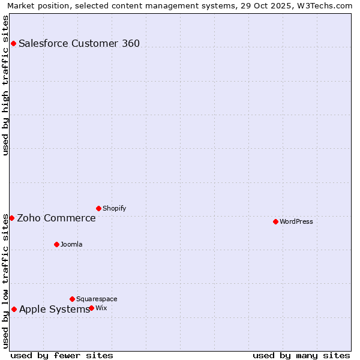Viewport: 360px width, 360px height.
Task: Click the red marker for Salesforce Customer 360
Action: (13, 43)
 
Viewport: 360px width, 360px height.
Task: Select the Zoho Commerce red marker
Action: (11, 218)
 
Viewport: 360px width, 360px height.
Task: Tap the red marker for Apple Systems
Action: (14, 309)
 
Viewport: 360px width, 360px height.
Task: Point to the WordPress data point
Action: (275, 221)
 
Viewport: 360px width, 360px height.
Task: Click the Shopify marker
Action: (98, 208)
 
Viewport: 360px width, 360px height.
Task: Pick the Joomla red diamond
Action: (56, 244)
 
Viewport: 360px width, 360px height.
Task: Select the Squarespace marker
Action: (72, 299)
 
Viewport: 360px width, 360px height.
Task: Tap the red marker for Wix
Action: (91, 308)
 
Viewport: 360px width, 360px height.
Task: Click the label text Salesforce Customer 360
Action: (79, 43)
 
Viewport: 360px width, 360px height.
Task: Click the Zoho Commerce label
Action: (56, 218)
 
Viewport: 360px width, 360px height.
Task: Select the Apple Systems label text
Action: (55, 309)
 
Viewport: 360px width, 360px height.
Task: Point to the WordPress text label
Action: (296, 221)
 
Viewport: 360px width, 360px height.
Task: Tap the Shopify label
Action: (114, 208)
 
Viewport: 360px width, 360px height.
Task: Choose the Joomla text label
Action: (71, 244)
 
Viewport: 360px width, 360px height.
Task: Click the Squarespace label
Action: (97, 299)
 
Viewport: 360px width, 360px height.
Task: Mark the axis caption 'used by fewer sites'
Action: (62, 355)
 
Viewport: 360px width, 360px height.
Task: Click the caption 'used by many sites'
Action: (301, 355)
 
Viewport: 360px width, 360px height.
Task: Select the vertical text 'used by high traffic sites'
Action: (5, 85)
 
